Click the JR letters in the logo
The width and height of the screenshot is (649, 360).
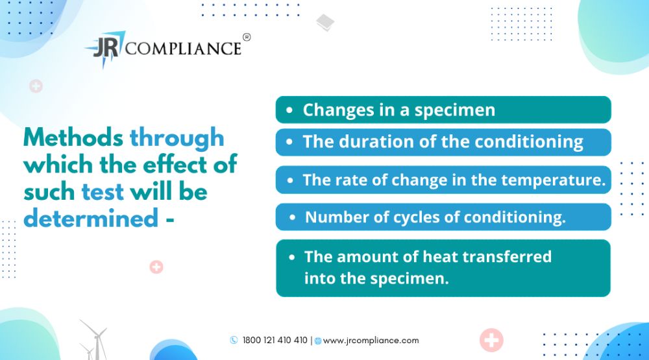(106, 47)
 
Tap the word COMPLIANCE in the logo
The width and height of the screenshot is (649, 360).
(183, 49)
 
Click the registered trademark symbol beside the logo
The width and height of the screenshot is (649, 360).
(246, 37)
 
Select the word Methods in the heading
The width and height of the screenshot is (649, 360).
(73, 137)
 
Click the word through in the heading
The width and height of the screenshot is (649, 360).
(177, 138)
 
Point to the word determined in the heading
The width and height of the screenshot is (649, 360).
(91, 218)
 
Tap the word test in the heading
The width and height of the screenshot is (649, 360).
(103, 192)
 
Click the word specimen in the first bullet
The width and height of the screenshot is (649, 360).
(455, 111)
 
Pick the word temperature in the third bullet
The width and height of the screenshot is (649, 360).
(554, 180)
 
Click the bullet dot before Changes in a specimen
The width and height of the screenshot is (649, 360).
(289, 110)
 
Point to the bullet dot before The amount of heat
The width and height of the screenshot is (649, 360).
(292, 257)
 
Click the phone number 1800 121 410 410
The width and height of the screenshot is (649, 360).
(275, 340)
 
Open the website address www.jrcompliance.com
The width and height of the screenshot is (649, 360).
(371, 341)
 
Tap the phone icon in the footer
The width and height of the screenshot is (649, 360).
(234, 340)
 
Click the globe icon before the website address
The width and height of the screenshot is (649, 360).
(318, 341)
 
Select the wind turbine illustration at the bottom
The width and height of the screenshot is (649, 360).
(95, 340)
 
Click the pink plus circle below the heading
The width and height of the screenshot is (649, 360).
(156, 267)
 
